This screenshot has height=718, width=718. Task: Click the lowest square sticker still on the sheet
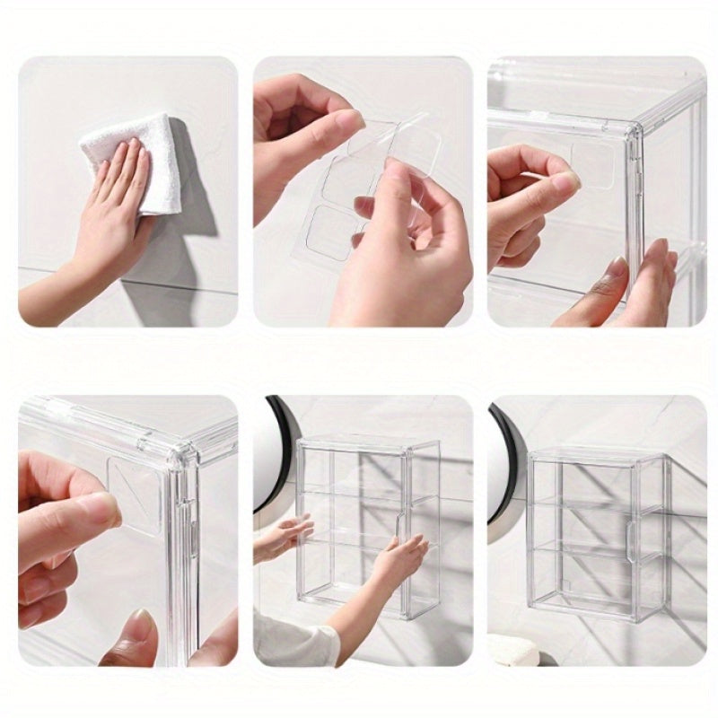coord(335,232)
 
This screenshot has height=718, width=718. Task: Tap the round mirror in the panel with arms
coord(269,458)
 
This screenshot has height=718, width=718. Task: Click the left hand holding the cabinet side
coord(283,538)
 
